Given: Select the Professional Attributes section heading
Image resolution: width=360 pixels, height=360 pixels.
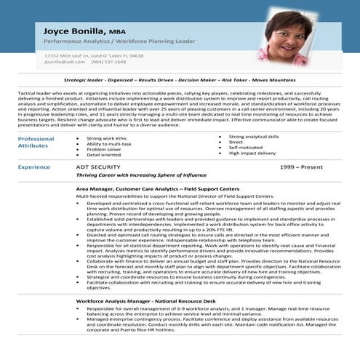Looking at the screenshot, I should pyautogui.click(x=36, y=142).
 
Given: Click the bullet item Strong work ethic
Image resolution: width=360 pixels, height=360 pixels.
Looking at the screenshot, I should pyautogui.click(x=106, y=138).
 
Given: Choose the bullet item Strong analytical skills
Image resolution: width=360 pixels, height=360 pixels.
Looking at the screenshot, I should pyautogui.click(x=253, y=137).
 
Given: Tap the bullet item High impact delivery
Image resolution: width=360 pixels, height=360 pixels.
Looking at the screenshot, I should pyautogui.click(x=252, y=153).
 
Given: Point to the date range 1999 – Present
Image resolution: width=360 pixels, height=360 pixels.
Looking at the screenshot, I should pyautogui.click(x=302, y=167).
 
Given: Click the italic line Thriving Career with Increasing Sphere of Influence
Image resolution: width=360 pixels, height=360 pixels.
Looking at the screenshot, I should pyautogui.click(x=141, y=175).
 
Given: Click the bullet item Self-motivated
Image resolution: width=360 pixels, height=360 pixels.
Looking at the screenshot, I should pyautogui.click(x=245, y=148).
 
